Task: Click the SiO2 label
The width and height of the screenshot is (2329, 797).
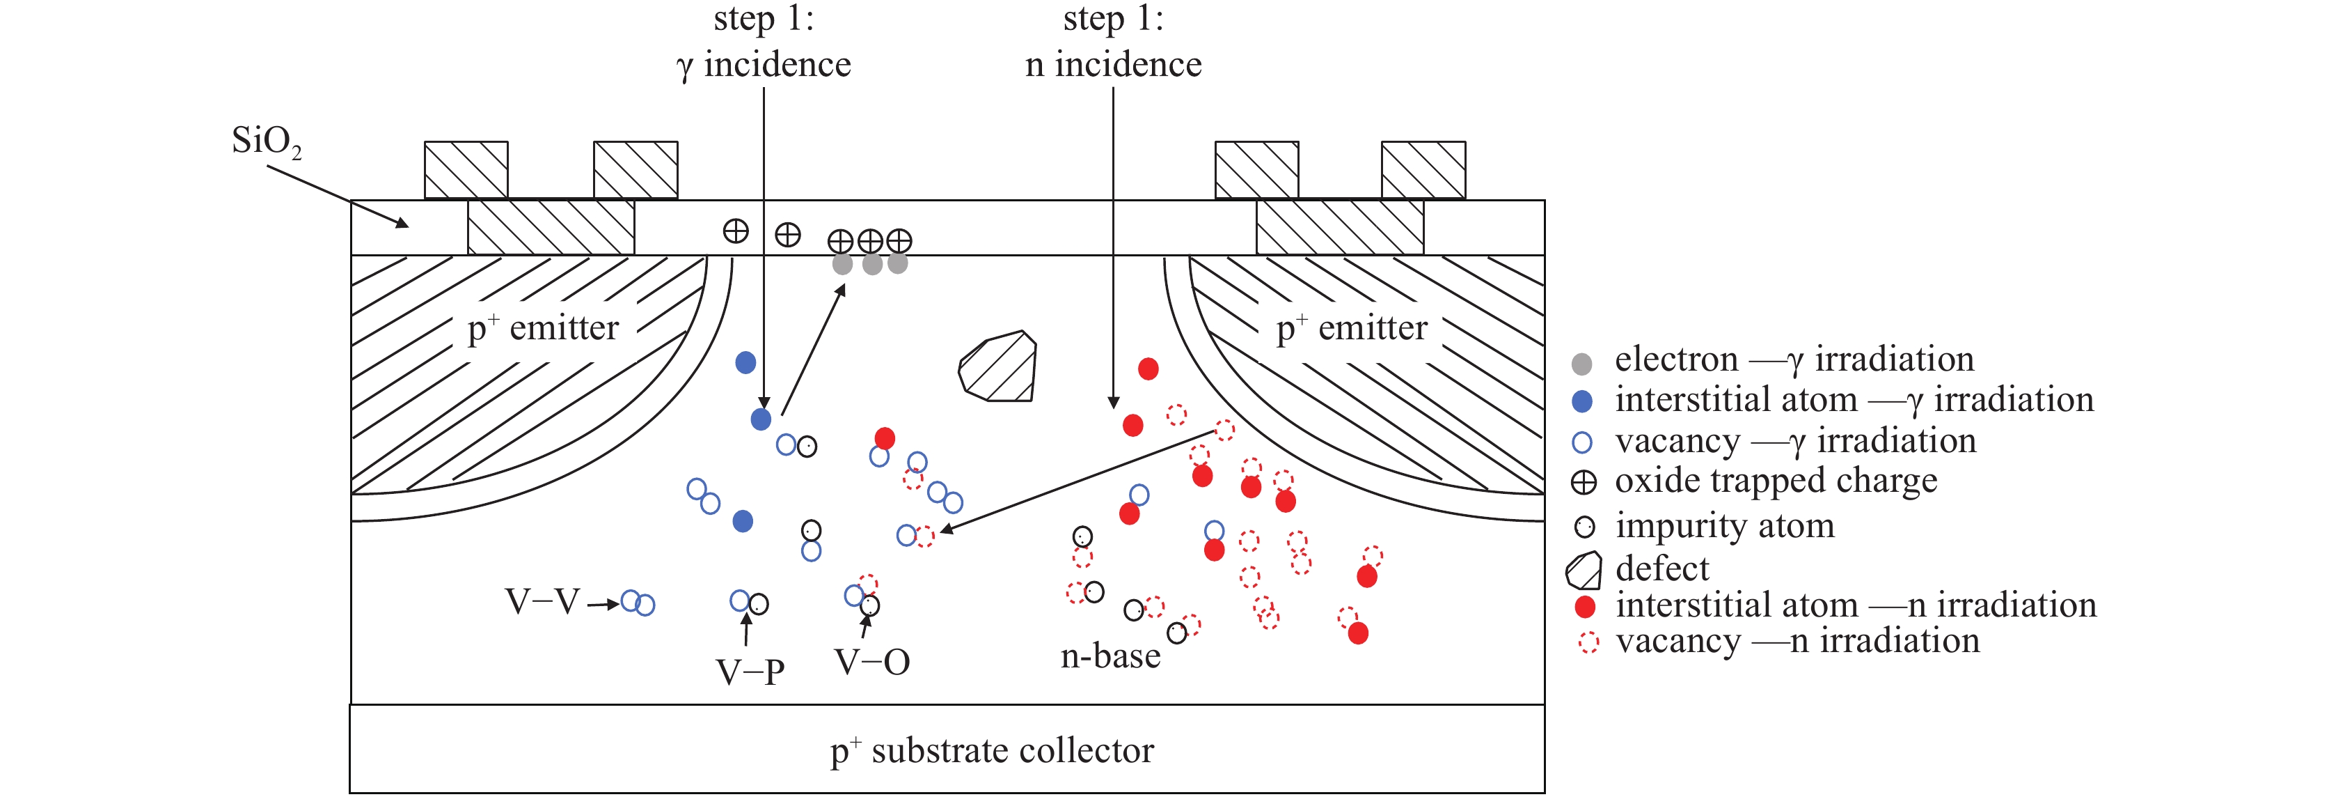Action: pyautogui.click(x=265, y=142)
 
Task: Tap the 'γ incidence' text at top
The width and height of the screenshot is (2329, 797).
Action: pyautogui.click(x=764, y=65)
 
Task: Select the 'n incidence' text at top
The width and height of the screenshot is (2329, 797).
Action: pyautogui.click(x=1113, y=65)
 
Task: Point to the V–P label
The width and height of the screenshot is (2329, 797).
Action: pyautogui.click(x=750, y=672)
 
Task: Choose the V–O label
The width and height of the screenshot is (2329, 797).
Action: pyautogui.click(x=871, y=663)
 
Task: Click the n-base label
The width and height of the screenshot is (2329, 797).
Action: pyautogui.click(x=1110, y=656)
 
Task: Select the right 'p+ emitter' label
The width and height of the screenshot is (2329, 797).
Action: pyautogui.click(x=1352, y=327)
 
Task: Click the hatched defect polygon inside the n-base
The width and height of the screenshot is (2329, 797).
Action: pyautogui.click(x=998, y=366)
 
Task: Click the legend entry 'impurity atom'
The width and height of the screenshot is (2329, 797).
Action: pyautogui.click(x=1724, y=525)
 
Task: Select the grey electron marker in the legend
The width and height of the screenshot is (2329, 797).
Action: pyautogui.click(x=1581, y=364)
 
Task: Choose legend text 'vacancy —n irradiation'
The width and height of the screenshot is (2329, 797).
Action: pyautogui.click(x=1797, y=640)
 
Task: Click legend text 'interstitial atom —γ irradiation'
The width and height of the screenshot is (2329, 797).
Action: pyautogui.click(x=1854, y=400)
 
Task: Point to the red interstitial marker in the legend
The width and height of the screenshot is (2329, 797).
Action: pyautogui.click(x=1584, y=606)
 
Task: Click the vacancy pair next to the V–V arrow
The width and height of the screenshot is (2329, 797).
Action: pyautogui.click(x=638, y=603)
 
